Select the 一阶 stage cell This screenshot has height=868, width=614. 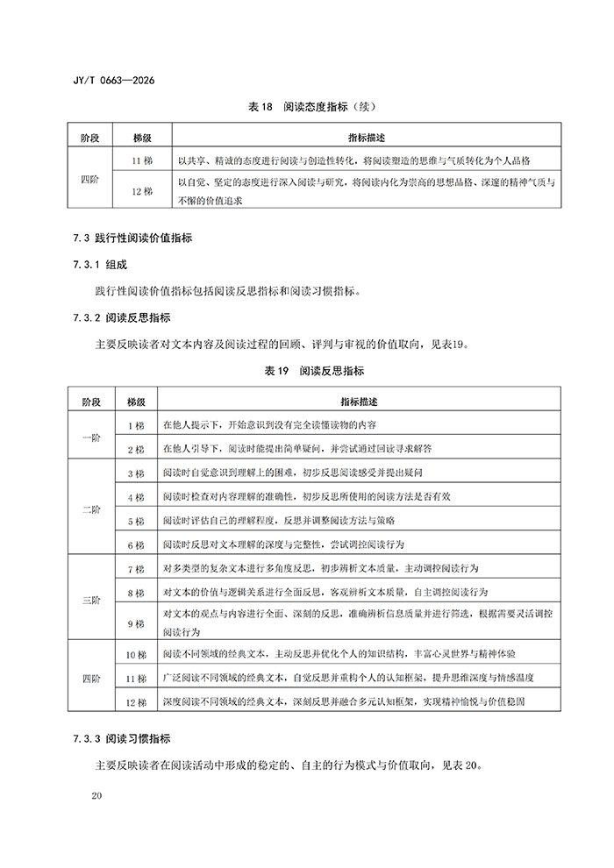91,437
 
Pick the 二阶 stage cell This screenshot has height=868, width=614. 91,509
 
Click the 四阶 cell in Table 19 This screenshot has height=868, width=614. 91,679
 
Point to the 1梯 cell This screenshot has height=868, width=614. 135,425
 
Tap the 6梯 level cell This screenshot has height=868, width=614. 135,544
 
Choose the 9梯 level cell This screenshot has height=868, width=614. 135,623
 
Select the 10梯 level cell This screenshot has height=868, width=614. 135,655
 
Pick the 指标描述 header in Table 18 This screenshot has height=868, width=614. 367,139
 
